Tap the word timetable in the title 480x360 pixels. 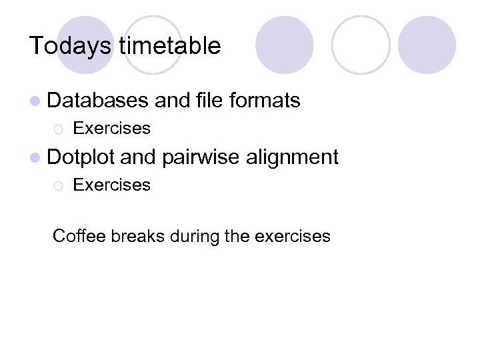click(x=169, y=46)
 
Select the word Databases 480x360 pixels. click(x=98, y=101)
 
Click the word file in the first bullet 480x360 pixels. click(x=210, y=101)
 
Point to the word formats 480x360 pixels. click(x=265, y=101)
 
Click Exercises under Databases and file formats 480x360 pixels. click(x=111, y=128)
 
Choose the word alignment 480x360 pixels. click(x=293, y=158)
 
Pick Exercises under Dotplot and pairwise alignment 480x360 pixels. click(x=111, y=185)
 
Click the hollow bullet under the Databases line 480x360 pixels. click(x=58, y=129)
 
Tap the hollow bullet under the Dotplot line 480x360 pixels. click(x=58, y=185)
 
